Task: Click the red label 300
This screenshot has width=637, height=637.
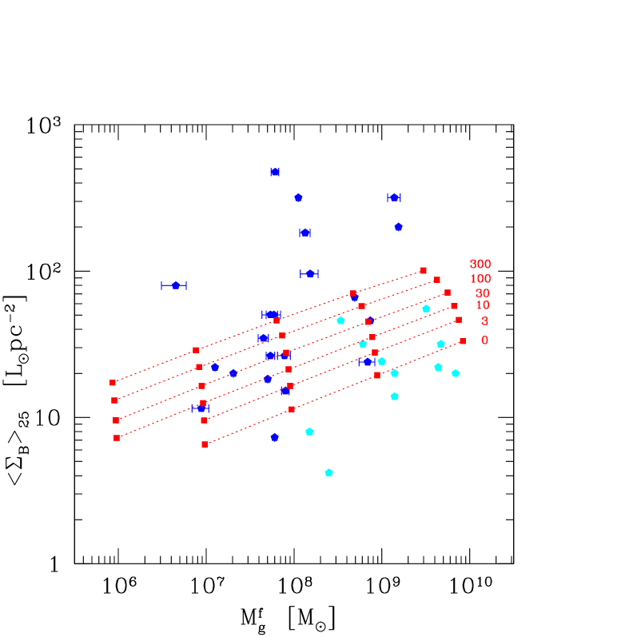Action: point(480,264)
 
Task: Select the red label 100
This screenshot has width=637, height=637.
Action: point(480,279)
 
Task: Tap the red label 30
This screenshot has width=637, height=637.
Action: point(482,293)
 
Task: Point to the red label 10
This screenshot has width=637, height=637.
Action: point(482,305)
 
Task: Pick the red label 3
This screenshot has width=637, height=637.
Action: point(484,321)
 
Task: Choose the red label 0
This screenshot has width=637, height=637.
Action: point(484,340)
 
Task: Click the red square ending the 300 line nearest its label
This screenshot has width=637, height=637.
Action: point(424,270)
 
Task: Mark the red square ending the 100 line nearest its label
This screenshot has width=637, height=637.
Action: point(437,280)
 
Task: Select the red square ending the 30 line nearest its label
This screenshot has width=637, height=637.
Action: point(448,293)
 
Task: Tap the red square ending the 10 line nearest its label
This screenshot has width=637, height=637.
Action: point(454,306)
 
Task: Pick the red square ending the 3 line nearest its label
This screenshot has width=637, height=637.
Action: point(459,320)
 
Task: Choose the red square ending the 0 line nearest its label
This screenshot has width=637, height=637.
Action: point(463,341)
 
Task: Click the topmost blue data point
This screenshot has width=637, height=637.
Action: point(275,172)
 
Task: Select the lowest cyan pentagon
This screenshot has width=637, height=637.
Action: point(328,472)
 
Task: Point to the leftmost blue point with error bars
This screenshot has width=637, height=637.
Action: point(175,285)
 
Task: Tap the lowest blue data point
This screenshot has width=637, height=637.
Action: point(274,437)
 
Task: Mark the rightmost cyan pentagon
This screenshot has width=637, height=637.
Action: point(456,373)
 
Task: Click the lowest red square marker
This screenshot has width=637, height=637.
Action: point(205,444)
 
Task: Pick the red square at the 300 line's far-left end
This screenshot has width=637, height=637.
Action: point(113,383)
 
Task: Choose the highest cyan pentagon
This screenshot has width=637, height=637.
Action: point(426,309)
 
